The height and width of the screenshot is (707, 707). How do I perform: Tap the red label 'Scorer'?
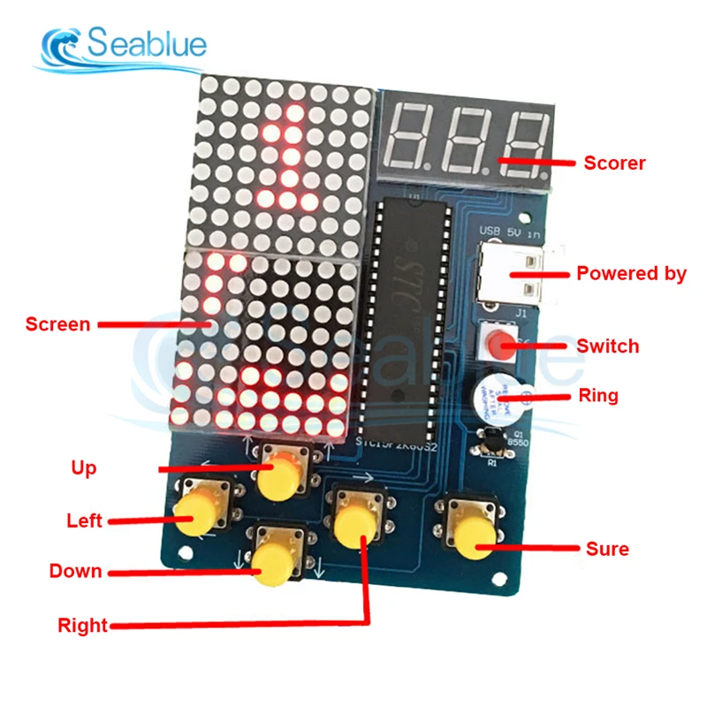click(614, 163)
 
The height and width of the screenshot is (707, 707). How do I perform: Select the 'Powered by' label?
click(631, 273)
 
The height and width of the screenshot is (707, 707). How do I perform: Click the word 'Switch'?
click(607, 346)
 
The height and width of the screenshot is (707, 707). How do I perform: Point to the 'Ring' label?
click(598, 395)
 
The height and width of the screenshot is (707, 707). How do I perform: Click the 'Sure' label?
click(607, 549)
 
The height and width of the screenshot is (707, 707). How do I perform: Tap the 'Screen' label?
click(57, 324)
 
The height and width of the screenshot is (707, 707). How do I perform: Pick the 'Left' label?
click(84, 521)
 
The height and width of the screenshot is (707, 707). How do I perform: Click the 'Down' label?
click(75, 571)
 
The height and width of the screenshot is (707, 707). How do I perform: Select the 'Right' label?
click(82, 627)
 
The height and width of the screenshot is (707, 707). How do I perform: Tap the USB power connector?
click(513, 274)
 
